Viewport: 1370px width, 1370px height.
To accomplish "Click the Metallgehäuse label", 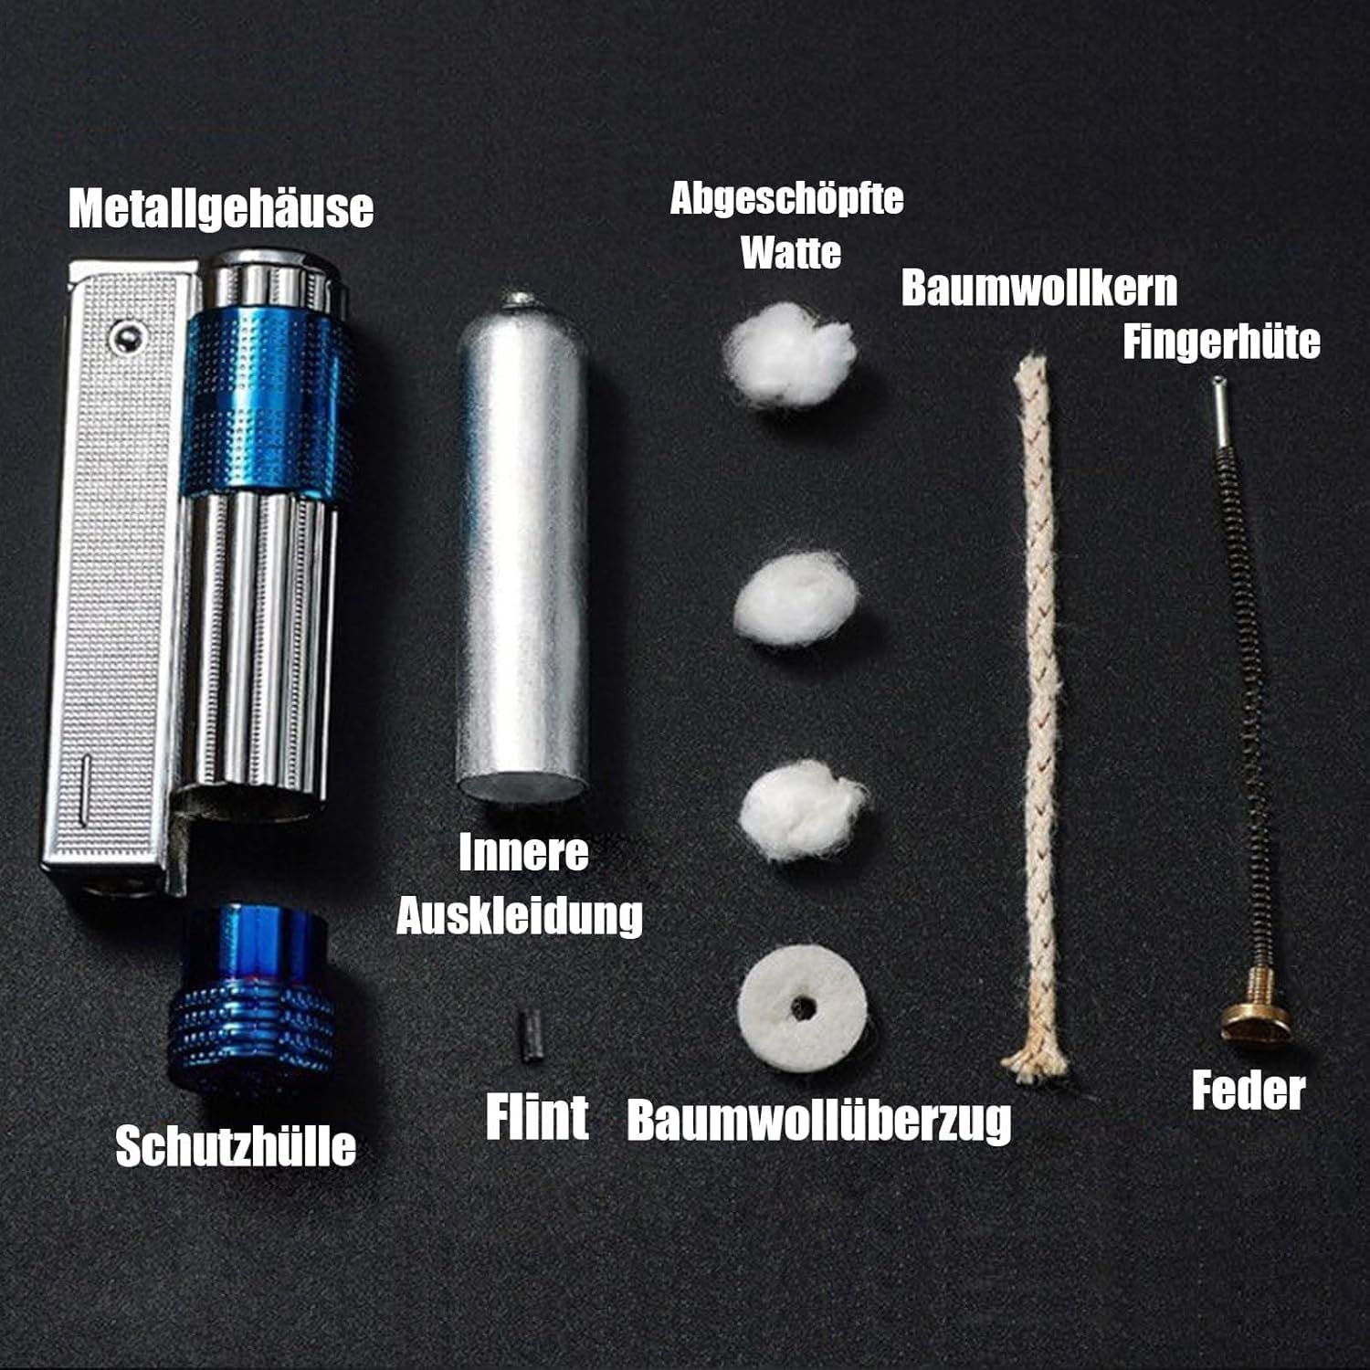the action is (x=221, y=208).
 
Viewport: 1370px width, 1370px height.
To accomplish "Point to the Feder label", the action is (x=1249, y=1091).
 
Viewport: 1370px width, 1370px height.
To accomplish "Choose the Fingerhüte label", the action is (x=1221, y=342).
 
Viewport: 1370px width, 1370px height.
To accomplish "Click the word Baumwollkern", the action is (x=1039, y=288).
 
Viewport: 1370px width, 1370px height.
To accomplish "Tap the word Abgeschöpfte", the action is (x=787, y=199).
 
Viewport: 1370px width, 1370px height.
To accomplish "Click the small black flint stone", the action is (x=529, y=1034).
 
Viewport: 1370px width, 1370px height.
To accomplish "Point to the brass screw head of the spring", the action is (x=1256, y=1018).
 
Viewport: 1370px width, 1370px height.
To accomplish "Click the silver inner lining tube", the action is (x=522, y=548).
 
